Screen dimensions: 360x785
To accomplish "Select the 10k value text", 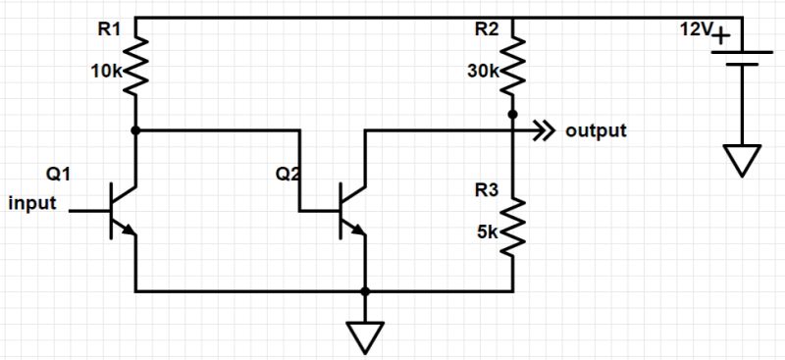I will pyautogui.click(x=105, y=71).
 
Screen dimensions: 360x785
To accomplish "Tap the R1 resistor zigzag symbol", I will pyautogui.click(x=134, y=64).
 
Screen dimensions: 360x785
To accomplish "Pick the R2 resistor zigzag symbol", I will pyautogui.click(x=512, y=64).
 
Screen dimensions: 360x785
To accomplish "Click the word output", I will pyautogui.click(x=596, y=130).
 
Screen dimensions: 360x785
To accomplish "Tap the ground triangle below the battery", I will pyautogui.click(x=743, y=158).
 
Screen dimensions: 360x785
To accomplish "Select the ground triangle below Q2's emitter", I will pyautogui.click(x=365, y=336).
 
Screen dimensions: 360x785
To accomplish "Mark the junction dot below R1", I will pyautogui.click(x=134, y=129).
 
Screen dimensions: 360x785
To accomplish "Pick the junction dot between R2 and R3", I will pyautogui.click(x=512, y=115).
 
